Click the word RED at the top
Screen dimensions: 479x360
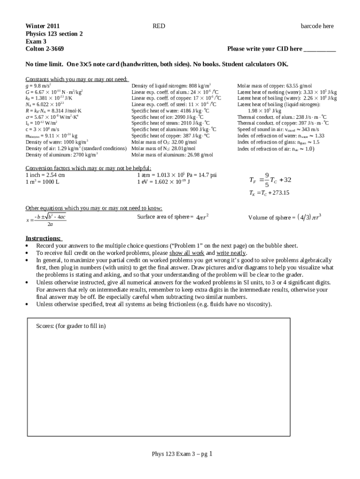pos(158,26)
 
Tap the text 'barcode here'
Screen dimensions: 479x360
pos(317,26)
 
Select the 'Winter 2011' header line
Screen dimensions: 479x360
pos(42,26)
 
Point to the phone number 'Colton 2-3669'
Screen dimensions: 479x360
pos(44,49)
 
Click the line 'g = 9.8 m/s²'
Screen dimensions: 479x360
pos(38,86)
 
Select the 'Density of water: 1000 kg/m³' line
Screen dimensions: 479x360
pos(58,142)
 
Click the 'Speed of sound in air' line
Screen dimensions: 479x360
pos(278,129)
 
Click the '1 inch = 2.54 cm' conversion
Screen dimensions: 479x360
pos(45,175)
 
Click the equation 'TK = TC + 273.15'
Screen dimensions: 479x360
pos(269,193)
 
